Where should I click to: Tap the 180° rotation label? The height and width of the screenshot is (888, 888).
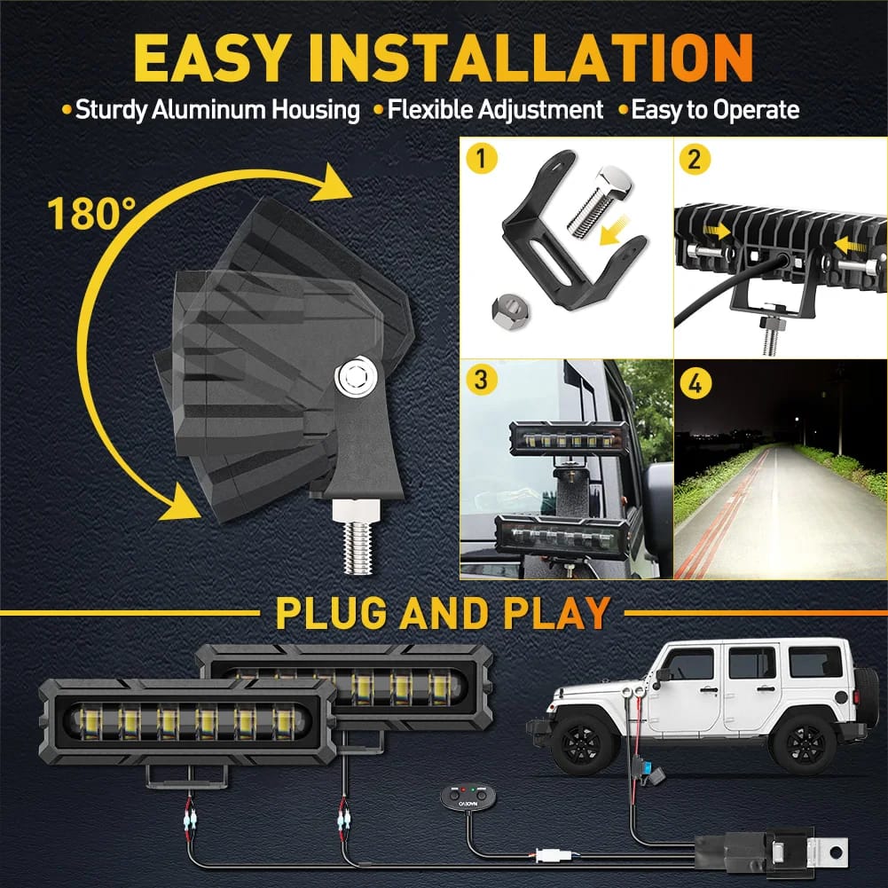pos(91,214)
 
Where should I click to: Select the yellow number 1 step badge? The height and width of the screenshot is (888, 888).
pos(482,159)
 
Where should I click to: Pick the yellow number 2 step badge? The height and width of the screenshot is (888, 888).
pos(695,159)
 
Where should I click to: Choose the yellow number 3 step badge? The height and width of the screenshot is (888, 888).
pos(482,379)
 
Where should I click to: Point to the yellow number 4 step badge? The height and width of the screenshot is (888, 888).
pos(695,383)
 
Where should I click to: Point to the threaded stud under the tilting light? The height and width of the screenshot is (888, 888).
pos(358,537)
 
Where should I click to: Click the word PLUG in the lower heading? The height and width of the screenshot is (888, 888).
pos(331,613)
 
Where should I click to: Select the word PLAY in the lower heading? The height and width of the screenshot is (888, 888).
pos(557,613)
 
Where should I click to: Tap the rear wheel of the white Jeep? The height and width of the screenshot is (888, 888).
pos(805,743)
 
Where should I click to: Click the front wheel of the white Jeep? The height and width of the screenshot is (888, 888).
pos(584,743)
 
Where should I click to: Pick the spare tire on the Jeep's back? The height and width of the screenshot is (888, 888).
pos(860,696)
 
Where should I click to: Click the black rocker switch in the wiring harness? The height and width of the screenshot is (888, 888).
pos(468,798)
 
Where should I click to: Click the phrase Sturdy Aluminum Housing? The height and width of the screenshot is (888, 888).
pos(217,110)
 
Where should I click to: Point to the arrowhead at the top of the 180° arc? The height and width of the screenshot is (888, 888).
pos(330,183)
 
